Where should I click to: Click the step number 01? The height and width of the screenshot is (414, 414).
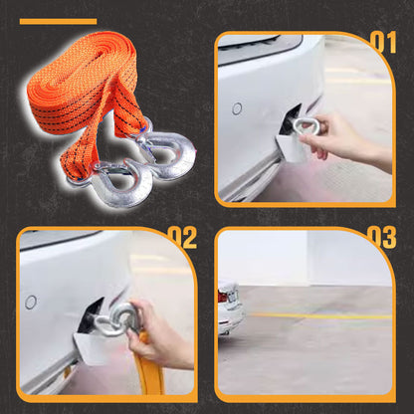(383, 42)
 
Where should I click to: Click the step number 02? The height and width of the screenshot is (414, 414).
(181, 238)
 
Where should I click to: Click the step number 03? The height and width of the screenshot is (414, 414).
(383, 238)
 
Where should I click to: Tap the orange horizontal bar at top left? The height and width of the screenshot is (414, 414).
(58, 21)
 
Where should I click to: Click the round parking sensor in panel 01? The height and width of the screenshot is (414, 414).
(237, 107)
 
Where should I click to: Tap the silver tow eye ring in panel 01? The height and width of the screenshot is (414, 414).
(304, 125)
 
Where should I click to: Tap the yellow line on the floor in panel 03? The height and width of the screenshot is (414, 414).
(318, 316)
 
